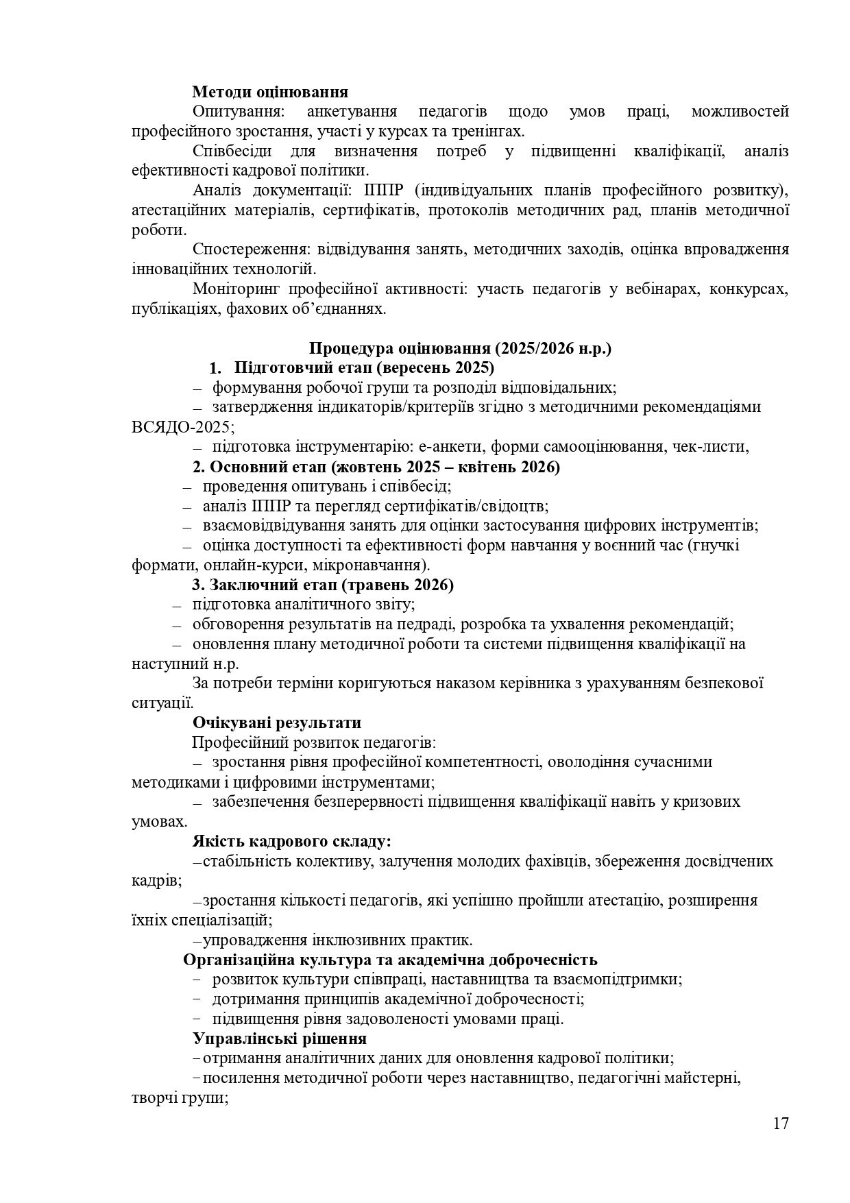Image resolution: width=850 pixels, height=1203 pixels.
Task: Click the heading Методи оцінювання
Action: coord(269,92)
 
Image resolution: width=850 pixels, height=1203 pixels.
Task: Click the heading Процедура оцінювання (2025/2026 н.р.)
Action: coord(460,348)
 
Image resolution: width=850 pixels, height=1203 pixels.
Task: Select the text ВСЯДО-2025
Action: coord(181,427)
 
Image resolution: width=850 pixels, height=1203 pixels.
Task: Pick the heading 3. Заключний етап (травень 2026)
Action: coord(323,585)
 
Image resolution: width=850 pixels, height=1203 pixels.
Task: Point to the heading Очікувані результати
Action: coord(276,722)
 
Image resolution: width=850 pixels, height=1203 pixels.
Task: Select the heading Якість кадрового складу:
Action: coord(291,841)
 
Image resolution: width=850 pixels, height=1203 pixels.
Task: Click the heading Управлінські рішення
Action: coord(279,1038)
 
